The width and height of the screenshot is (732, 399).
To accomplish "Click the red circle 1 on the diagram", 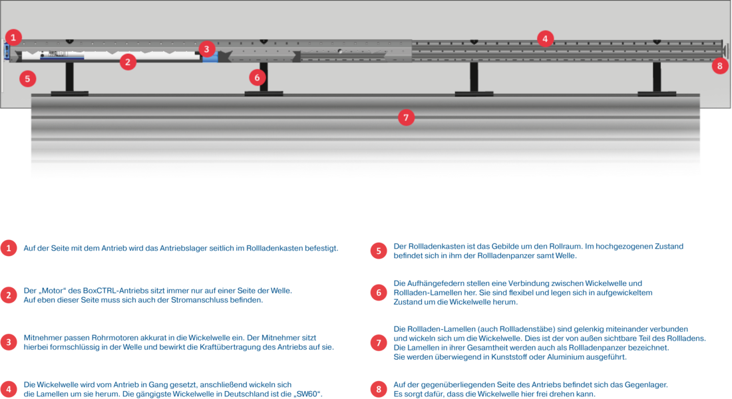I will pyautogui.click(x=14, y=37).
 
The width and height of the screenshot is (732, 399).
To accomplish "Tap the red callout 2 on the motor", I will pyautogui.click(x=128, y=63).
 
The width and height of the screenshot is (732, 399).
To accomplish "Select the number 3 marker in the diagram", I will pyautogui.click(x=206, y=49).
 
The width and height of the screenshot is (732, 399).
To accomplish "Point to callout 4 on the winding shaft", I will pyautogui.click(x=545, y=39).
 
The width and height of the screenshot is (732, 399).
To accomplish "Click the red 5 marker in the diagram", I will pyautogui.click(x=27, y=78).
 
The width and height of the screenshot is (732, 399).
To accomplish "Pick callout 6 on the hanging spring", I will pyautogui.click(x=258, y=77).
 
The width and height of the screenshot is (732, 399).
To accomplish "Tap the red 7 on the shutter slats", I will pyautogui.click(x=406, y=118).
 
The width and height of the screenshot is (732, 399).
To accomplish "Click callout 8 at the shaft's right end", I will pyautogui.click(x=719, y=66).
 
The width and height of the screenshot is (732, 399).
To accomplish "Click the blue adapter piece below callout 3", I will pyautogui.click(x=210, y=59).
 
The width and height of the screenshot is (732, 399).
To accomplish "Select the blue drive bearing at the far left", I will pyautogui.click(x=5, y=51).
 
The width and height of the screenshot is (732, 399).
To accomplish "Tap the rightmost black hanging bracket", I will pyautogui.click(x=657, y=81).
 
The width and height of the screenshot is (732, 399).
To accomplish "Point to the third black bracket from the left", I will pyautogui.click(x=474, y=81).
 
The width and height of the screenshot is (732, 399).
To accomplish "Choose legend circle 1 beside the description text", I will pyautogui.click(x=8, y=249).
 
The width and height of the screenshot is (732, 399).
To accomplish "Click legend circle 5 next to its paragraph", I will pyautogui.click(x=378, y=251).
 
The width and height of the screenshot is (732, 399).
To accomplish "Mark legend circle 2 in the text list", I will pyautogui.click(x=8, y=295).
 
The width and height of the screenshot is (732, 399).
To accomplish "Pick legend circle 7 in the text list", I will pyautogui.click(x=378, y=342).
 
